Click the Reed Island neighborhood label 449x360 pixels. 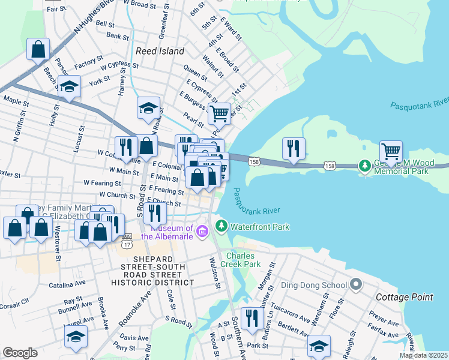(x=160, y=51)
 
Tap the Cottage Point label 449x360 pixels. (x=400, y=297)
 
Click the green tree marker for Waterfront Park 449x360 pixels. (x=221, y=226)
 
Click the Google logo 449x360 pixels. (x=20, y=353)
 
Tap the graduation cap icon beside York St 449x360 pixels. (x=70, y=87)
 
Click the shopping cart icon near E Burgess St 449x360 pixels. (x=220, y=112)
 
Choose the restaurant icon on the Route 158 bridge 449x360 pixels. (x=294, y=149)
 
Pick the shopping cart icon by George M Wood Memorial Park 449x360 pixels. (x=391, y=152)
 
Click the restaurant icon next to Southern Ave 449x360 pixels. (x=252, y=320)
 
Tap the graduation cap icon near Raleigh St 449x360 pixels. (x=319, y=346)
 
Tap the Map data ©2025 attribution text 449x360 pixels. (x=423, y=355)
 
